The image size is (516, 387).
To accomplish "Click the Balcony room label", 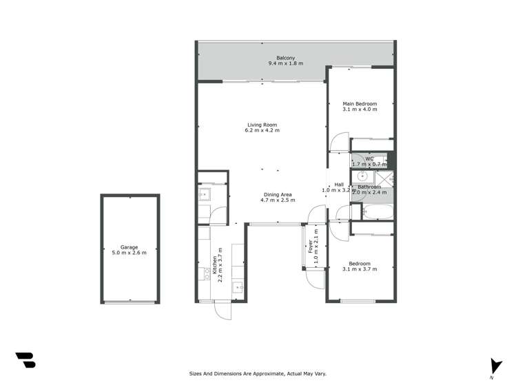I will tap(286, 58).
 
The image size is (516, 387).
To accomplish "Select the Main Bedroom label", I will tap(360, 104).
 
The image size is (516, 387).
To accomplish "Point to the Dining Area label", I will tap(276, 195).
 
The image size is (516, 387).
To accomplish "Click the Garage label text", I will tap(130, 247).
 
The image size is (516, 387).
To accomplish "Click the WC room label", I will tap(369, 159).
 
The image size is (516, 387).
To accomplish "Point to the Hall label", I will tap(339, 185).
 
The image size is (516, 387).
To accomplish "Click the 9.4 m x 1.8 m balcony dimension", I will tap(286, 64).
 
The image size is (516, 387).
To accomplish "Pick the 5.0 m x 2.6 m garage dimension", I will tap(130, 253).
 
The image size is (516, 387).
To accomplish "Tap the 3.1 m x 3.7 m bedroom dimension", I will tap(360, 269).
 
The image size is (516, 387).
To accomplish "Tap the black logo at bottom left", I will tap(25, 359).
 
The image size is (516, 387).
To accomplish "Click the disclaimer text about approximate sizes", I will tap(258, 374).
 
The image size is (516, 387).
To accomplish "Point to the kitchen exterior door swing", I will tap(223, 311).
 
